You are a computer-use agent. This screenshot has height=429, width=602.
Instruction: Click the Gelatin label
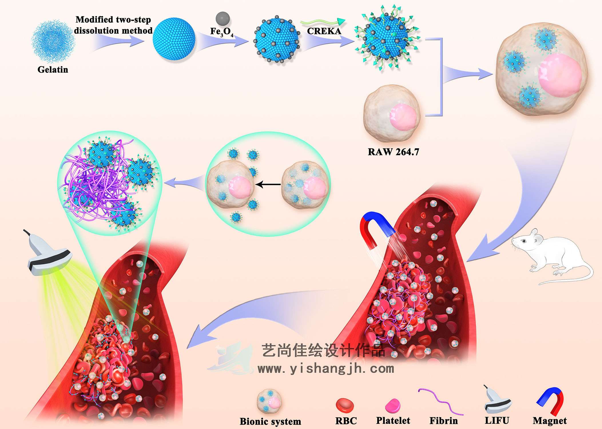53,69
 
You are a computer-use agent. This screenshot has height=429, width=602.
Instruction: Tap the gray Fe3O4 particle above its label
222,19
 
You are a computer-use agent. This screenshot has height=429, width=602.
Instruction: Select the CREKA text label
324,31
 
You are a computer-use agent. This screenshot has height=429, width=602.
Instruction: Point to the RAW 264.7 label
393,152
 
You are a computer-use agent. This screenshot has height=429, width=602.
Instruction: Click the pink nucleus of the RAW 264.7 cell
403,117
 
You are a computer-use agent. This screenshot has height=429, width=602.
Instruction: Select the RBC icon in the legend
345,406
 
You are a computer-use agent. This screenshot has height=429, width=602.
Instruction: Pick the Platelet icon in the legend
393,406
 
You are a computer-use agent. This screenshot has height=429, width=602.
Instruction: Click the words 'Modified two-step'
113,19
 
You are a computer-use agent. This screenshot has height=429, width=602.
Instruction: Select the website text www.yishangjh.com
326,369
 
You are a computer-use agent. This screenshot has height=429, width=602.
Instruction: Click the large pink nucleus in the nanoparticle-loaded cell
560,75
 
